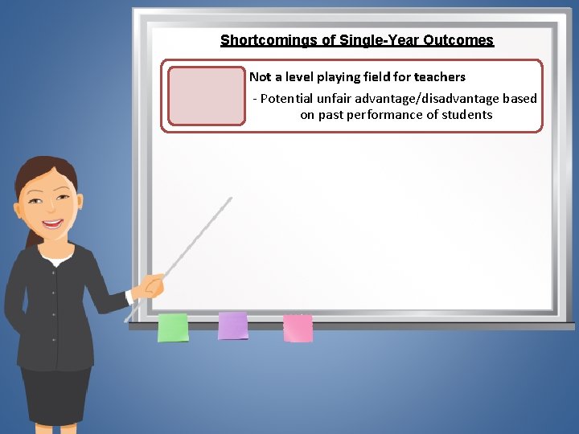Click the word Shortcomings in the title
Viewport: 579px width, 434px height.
click(259, 40)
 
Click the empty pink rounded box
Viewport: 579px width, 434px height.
click(206, 96)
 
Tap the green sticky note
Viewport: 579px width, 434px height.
click(173, 327)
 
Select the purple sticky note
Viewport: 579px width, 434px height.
click(233, 325)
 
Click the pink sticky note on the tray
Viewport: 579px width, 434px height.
click(298, 328)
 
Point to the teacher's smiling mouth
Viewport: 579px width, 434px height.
click(54, 224)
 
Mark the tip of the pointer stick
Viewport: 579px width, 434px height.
click(230, 199)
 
